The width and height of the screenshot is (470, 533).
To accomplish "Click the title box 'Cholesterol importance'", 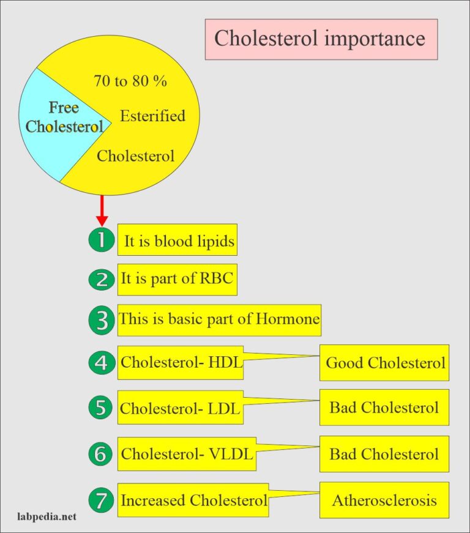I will (321, 39).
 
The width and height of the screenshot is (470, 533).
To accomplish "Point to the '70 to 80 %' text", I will (130, 81).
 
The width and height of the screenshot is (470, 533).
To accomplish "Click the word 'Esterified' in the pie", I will (152, 116).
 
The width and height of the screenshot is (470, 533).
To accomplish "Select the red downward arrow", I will (102, 211).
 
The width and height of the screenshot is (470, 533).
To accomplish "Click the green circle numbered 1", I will (101, 240).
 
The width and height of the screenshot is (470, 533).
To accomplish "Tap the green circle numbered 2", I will (101, 280).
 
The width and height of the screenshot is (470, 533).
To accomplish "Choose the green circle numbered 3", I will (101, 320).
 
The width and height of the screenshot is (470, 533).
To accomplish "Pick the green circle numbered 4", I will (101, 363).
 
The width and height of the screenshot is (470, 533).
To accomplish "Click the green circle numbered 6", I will (101, 455).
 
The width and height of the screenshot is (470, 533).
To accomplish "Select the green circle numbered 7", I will (101, 500).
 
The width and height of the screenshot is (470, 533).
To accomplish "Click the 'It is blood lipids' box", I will (177, 240).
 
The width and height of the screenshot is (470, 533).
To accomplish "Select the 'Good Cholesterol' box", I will (384, 363).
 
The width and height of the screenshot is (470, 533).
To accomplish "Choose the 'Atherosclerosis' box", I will (384, 500).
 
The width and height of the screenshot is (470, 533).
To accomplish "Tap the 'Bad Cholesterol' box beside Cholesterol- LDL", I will (384, 408).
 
